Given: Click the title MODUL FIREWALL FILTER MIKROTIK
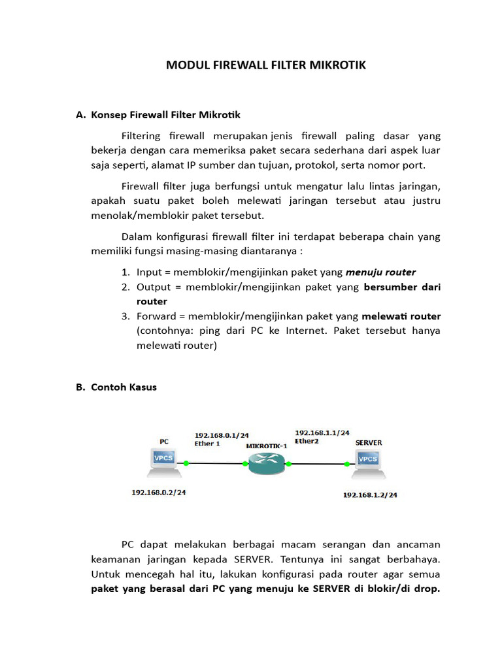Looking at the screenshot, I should click(x=265, y=65).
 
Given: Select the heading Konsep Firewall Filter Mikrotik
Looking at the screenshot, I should click(x=166, y=115).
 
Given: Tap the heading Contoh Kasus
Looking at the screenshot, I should click(x=124, y=387).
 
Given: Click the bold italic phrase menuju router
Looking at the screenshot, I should click(x=380, y=272).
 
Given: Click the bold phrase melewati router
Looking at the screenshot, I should click(x=401, y=317).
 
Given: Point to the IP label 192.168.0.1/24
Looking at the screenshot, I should click(x=222, y=434).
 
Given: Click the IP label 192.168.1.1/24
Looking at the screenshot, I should click(x=322, y=432).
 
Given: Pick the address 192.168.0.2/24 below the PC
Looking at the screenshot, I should click(x=158, y=492).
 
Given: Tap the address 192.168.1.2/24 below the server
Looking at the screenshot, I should click(x=370, y=495).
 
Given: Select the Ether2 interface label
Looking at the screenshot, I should click(x=306, y=441).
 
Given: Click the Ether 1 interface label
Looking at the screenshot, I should click(x=207, y=443).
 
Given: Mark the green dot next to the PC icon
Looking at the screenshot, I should click(x=186, y=463).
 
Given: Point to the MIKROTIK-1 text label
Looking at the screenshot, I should click(x=267, y=446).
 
